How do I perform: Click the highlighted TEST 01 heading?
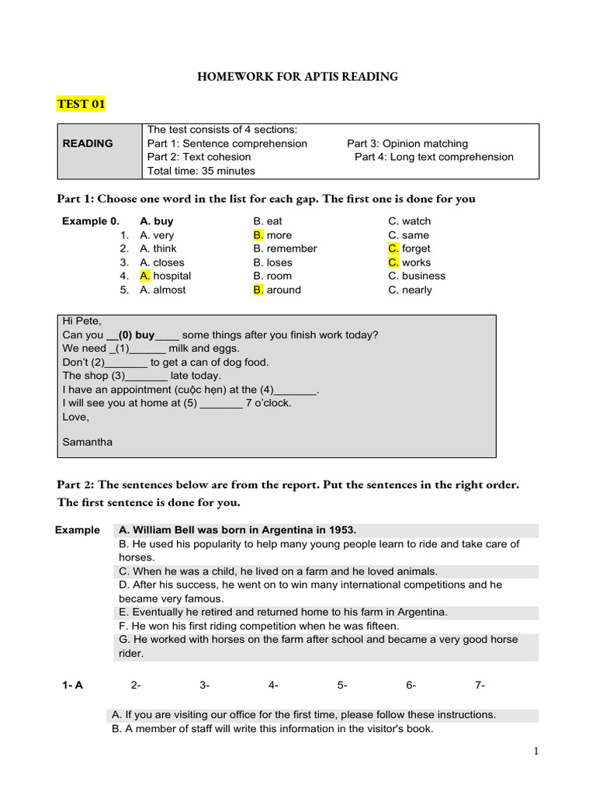[x=81, y=104]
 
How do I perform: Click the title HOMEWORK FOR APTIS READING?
[x=297, y=76]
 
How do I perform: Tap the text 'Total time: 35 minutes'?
[x=201, y=171]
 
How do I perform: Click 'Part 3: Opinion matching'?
[x=407, y=144]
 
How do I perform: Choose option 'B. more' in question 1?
[x=272, y=235]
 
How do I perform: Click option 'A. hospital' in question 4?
[x=165, y=276]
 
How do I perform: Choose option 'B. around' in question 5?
[x=277, y=290]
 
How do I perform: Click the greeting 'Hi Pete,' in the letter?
[x=81, y=321]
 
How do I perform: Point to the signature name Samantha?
[x=87, y=442]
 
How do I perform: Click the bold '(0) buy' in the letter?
[x=136, y=335]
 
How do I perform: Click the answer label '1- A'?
[x=72, y=685]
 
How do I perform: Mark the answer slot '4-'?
[x=273, y=685]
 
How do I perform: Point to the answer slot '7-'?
[x=480, y=685]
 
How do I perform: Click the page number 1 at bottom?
[x=535, y=751]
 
